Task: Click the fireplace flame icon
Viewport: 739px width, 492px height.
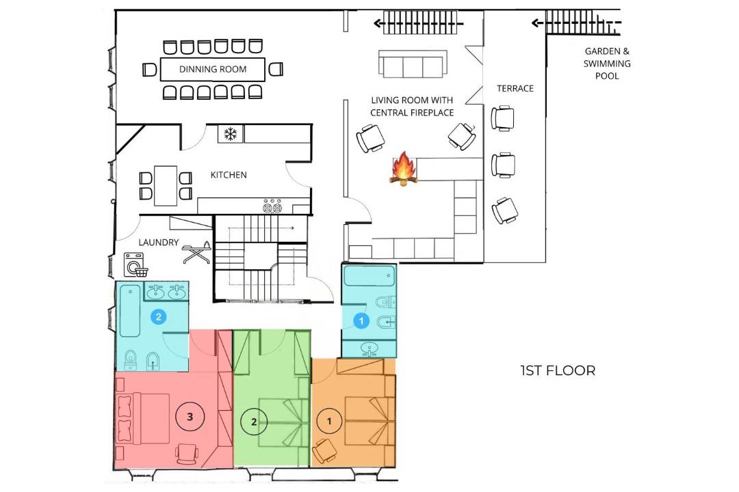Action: tap(404, 168)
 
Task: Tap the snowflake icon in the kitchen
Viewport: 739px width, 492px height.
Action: tap(230, 134)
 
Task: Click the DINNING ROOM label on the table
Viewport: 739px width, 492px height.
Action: tap(213, 69)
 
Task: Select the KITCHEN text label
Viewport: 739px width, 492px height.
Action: tap(229, 175)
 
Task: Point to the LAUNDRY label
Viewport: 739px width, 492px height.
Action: tap(158, 243)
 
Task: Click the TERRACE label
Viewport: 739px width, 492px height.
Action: tap(515, 89)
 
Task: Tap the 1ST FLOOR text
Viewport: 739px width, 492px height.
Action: tap(558, 370)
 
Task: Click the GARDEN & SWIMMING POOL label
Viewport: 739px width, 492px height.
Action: tap(607, 64)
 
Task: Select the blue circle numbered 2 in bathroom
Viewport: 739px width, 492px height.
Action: tap(158, 317)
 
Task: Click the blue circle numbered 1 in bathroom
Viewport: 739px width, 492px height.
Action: tap(361, 321)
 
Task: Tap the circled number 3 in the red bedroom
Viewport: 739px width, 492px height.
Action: tap(190, 416)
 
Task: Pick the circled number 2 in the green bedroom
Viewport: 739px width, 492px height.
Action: tap(254, 422)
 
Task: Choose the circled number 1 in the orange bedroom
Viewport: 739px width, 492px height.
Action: tap(329, 421)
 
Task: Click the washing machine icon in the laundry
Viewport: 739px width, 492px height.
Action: tap(135, 264)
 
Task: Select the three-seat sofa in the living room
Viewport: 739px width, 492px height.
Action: tap(413, 64)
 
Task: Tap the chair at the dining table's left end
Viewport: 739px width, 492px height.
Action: tap(149, 70)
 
